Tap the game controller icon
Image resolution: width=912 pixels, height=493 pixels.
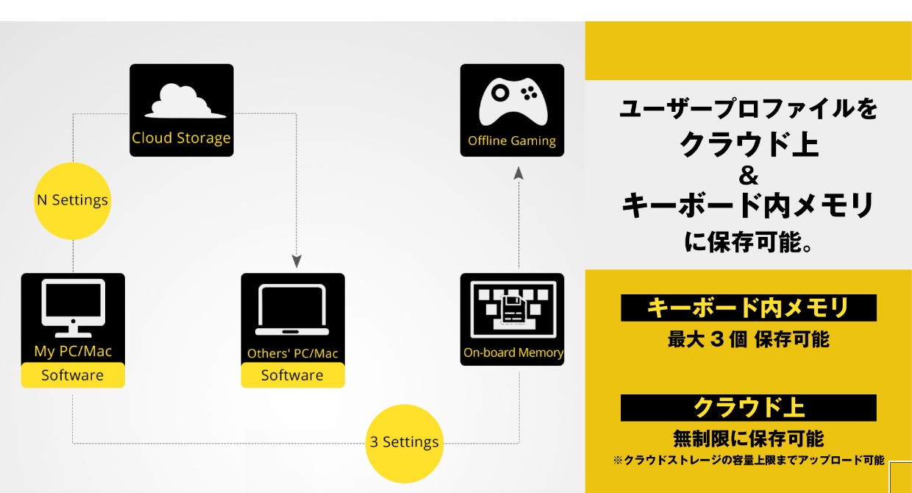coord(512,103)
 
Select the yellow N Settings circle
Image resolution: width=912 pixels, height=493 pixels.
coord(72,201)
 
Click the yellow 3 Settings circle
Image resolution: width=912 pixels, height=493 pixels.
coord(405,442)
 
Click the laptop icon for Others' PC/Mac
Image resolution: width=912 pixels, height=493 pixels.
coord(293,310)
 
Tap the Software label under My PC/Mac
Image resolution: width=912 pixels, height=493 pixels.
coord(72,375)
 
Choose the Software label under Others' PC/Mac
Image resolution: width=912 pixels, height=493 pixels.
coord(293,375)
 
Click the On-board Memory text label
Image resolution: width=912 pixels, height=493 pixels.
coord(513,352)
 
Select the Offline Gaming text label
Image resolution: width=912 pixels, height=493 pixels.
coord(512,141)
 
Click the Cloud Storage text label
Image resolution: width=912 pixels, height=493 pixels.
coord(182,138)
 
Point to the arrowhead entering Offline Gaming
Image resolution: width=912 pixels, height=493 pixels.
coord(519,173)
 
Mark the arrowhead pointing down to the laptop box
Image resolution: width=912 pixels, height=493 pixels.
coord(296,261)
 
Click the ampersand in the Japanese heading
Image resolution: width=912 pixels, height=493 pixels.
coord(748,177)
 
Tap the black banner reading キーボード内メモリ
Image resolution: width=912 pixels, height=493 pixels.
coord(748,308)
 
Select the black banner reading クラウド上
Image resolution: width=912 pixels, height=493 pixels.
coord(748,407)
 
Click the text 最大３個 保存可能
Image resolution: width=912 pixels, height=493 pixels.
coord(748,340)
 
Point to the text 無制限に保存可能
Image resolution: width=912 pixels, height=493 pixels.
coord(748,439)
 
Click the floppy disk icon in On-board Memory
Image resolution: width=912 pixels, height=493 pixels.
coord(512,310)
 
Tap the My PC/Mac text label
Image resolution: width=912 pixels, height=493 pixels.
coord(73,351)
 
